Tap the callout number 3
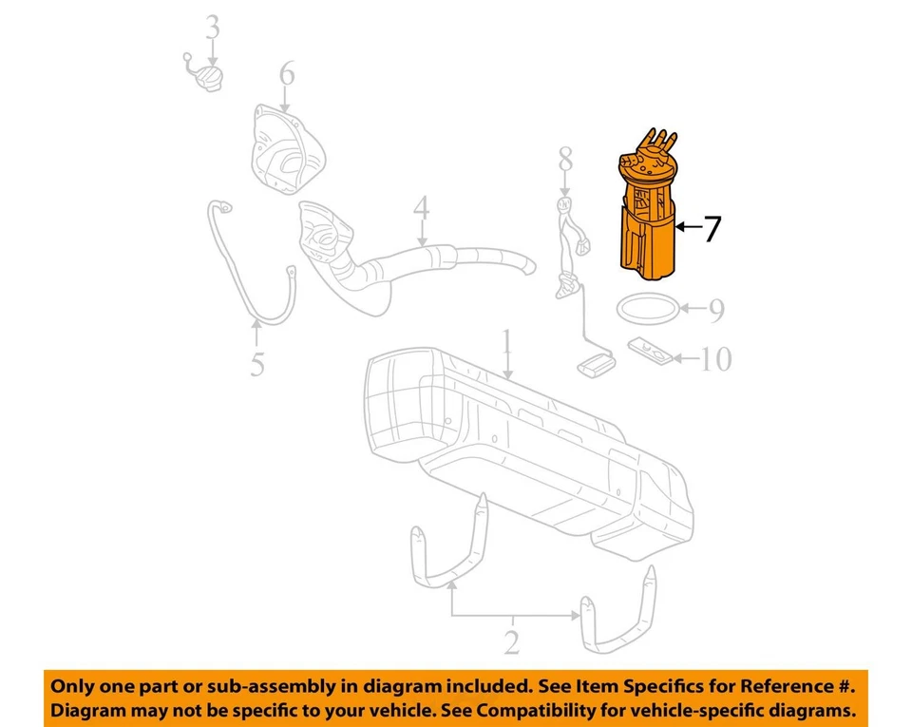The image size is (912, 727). click(212, 28)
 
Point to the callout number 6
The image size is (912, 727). click(286, 73)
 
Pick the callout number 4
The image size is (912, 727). click(420, 208)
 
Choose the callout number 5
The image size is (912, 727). click(257, 364)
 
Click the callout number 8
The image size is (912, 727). click(565, 159)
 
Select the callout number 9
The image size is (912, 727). click(715, 309)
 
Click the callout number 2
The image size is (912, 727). click(511, 644)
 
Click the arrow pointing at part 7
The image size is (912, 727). click(688, 227)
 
